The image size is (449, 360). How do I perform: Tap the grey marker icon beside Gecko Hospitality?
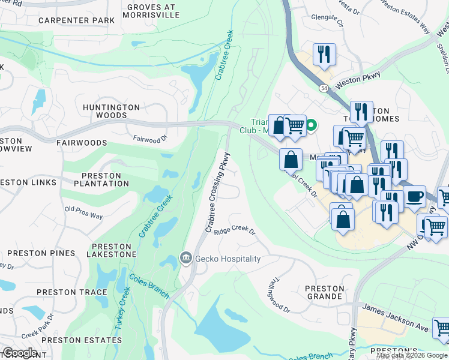[186, 258]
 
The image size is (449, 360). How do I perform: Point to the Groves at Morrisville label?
[150, 11]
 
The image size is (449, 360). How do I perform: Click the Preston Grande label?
[325, 292]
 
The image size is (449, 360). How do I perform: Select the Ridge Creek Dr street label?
[235, 231]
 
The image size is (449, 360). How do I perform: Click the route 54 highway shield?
[324, 88]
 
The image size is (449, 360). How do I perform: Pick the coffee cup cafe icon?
[414, 196]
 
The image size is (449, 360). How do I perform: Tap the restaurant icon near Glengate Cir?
[324, 54]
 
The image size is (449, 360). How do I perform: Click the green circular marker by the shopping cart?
[311, 125]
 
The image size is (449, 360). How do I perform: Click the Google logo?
[19, 352]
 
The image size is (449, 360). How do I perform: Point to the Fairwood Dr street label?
[150, 139]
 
